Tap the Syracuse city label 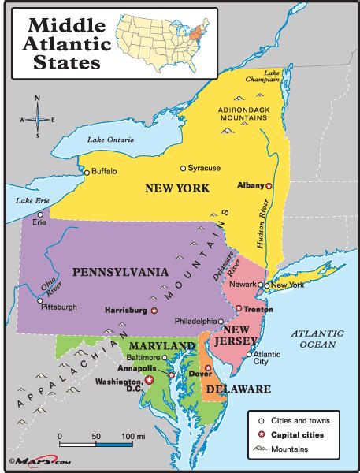[204, 168]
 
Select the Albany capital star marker [269, 186]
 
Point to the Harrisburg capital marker [154, 311]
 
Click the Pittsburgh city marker [39, 300]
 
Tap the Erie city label [39, 222]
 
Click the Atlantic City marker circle [249, 355]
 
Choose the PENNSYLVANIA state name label [121, 272]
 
